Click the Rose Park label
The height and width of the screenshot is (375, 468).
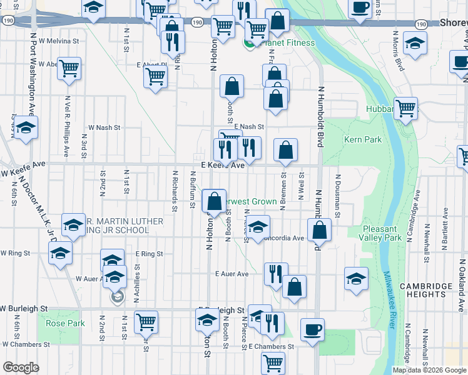[64, 324]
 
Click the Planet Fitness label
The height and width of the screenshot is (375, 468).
[274, 44]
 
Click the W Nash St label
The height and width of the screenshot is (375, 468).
[104, 127]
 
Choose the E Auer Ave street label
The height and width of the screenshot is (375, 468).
[231, 274]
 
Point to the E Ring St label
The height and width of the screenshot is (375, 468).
[149, 254]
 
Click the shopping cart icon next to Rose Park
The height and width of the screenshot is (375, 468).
[146, 321]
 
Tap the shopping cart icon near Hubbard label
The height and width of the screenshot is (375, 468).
[405, 108]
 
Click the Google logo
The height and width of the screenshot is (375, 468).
[21, 367]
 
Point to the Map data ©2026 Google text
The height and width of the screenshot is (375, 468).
[429, 370]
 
